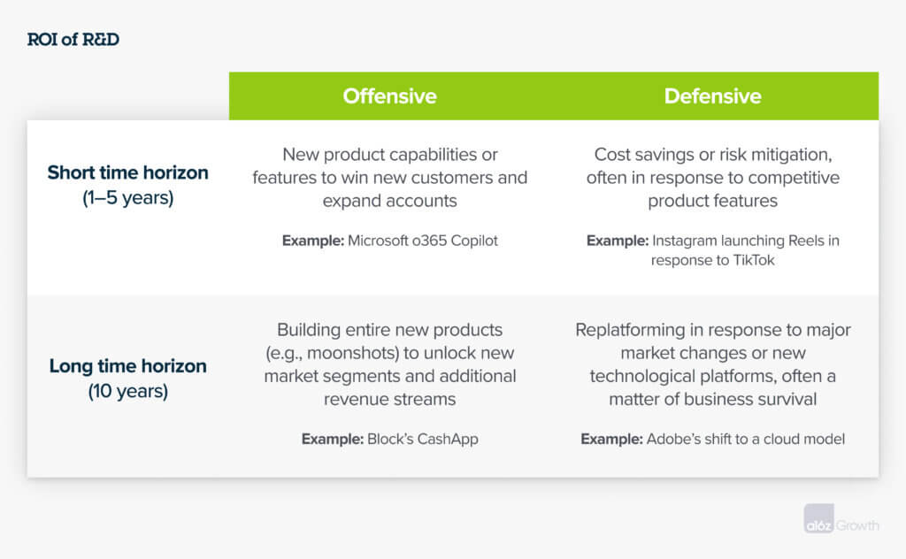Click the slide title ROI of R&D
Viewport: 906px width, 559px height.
[x=73, y=39]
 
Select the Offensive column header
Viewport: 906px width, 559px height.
[x=389, y=96]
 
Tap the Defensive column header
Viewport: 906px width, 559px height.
[x=712, y=96]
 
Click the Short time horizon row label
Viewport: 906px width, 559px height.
[x=127, y=172]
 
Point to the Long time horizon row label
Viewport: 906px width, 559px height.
[x=127, y=365]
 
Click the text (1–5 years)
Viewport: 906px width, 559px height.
[x=127, y=198]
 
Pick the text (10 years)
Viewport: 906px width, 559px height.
[x=127, y=392]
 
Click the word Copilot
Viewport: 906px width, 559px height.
[x=474, y=241]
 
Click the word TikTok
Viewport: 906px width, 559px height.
[x=754, y=260]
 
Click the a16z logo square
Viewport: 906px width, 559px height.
[x=818, y=518]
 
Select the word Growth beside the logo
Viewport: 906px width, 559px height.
[x=857, y=525]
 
